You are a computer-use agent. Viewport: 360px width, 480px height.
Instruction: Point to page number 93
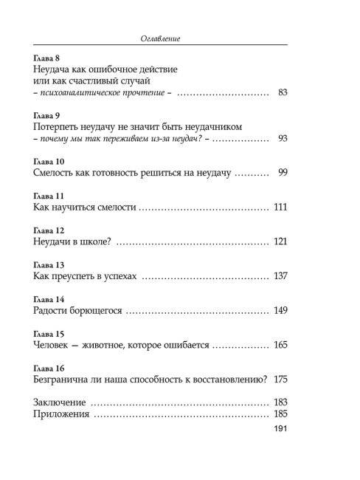pos(280,139)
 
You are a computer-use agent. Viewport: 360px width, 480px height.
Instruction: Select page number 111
pos(279,208)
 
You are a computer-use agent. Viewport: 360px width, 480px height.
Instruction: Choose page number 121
pos(279,242)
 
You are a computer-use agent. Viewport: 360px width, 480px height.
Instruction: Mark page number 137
pos(279,276)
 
